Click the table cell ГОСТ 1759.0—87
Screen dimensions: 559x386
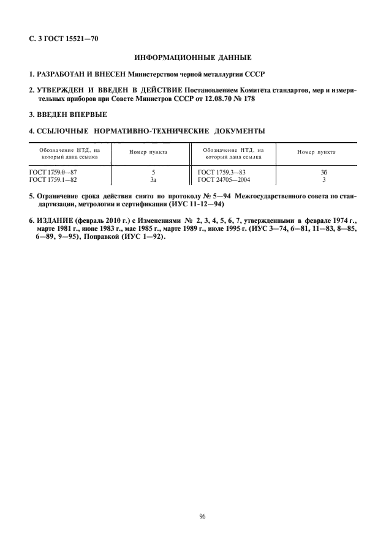[x=53, y=173]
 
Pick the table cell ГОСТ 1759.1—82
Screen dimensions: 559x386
[x=53, y=180]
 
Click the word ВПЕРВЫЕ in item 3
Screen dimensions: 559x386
[x=87, y=114]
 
